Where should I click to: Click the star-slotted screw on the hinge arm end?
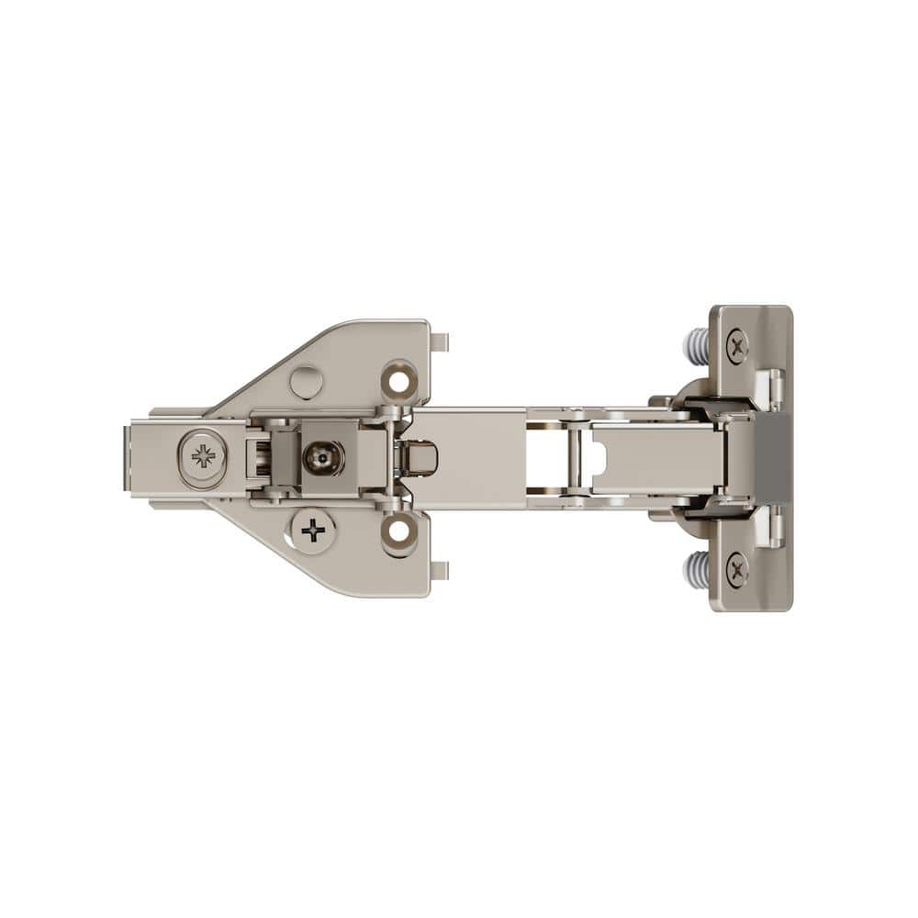tap(203, 455)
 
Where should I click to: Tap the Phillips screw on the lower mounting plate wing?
tap(314, 530)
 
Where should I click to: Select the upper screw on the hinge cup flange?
tap(737, 345)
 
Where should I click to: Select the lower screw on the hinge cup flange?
tap(737, 569)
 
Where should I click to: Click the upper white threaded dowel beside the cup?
tap(696, 345)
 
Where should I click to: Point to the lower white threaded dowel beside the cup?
tap(696, 570)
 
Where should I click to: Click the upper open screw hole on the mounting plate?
tap(399, 378)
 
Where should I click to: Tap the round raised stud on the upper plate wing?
tap(306, 381)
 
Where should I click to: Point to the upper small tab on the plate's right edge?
tap(440, 343)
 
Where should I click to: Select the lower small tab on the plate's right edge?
tap(440, 571)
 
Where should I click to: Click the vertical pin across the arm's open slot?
tap(576, 457)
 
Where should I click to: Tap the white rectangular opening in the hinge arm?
tap(548, 457)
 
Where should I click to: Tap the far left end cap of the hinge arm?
tap(139, 457)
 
